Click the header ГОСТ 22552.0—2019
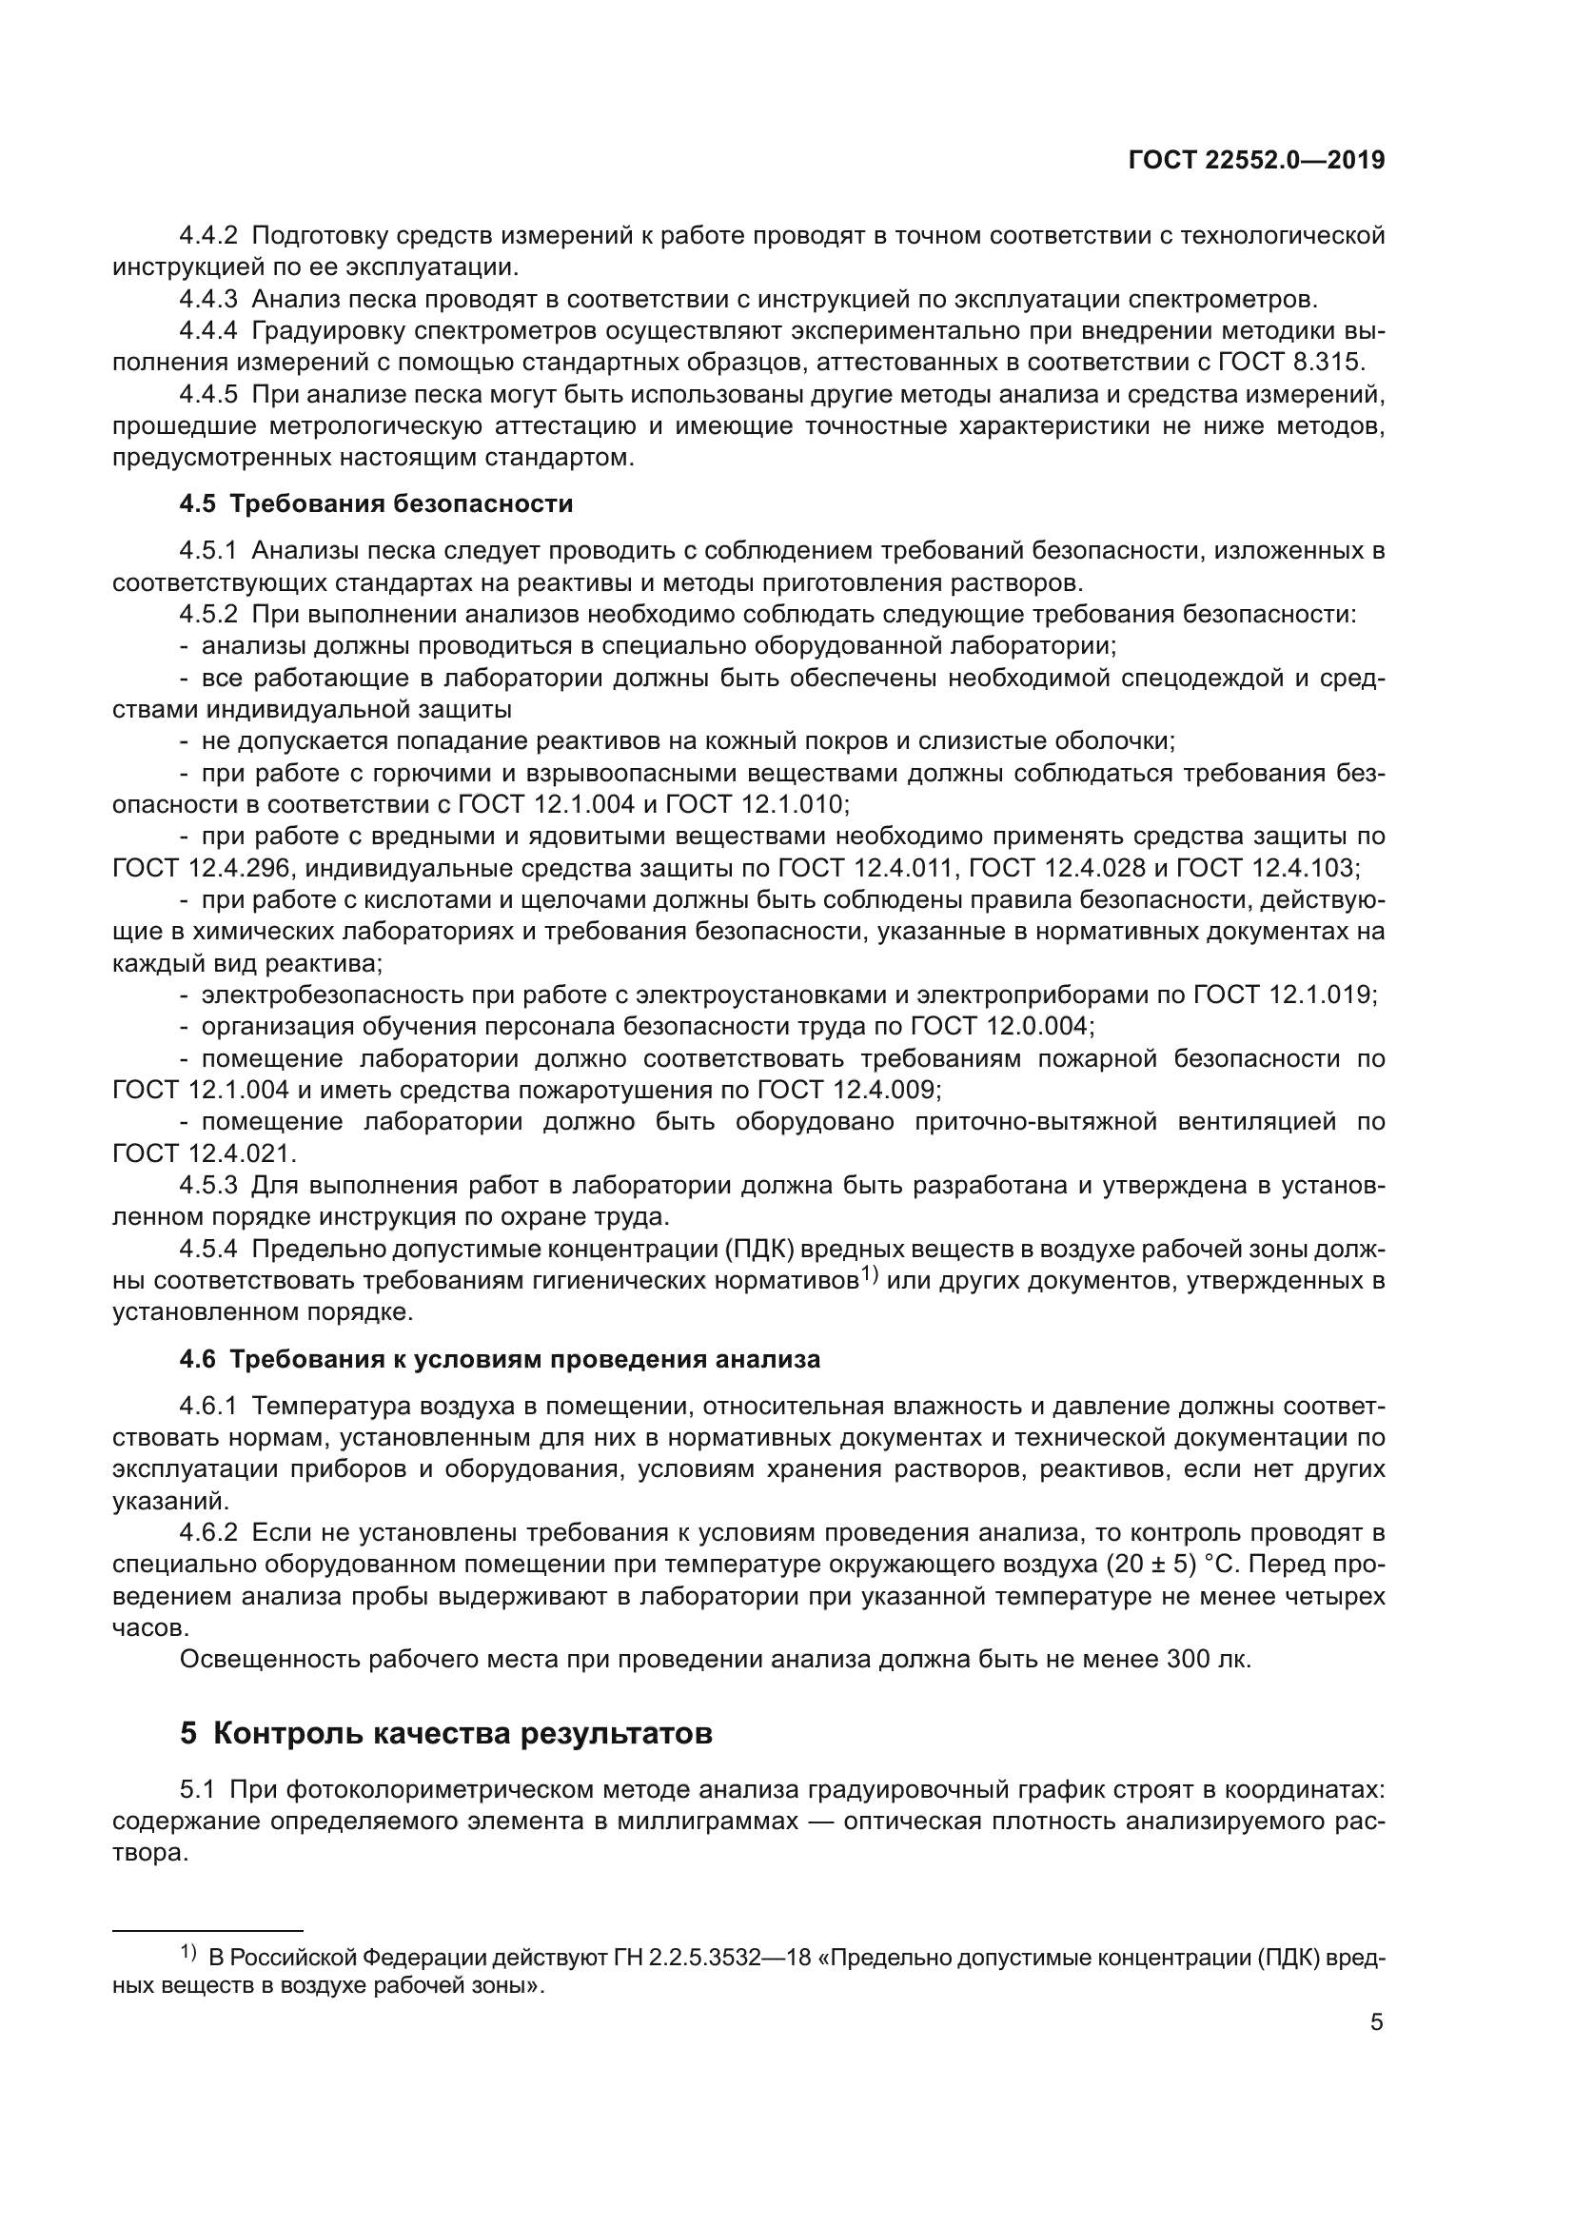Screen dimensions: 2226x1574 (1256, 161)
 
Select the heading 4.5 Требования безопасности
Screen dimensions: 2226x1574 (376, 504)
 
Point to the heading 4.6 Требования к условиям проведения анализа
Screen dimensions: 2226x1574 (500, 1359)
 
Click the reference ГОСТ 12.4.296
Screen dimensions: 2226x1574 (201, 868)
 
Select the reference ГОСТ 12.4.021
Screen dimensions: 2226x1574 (201, 1153)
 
